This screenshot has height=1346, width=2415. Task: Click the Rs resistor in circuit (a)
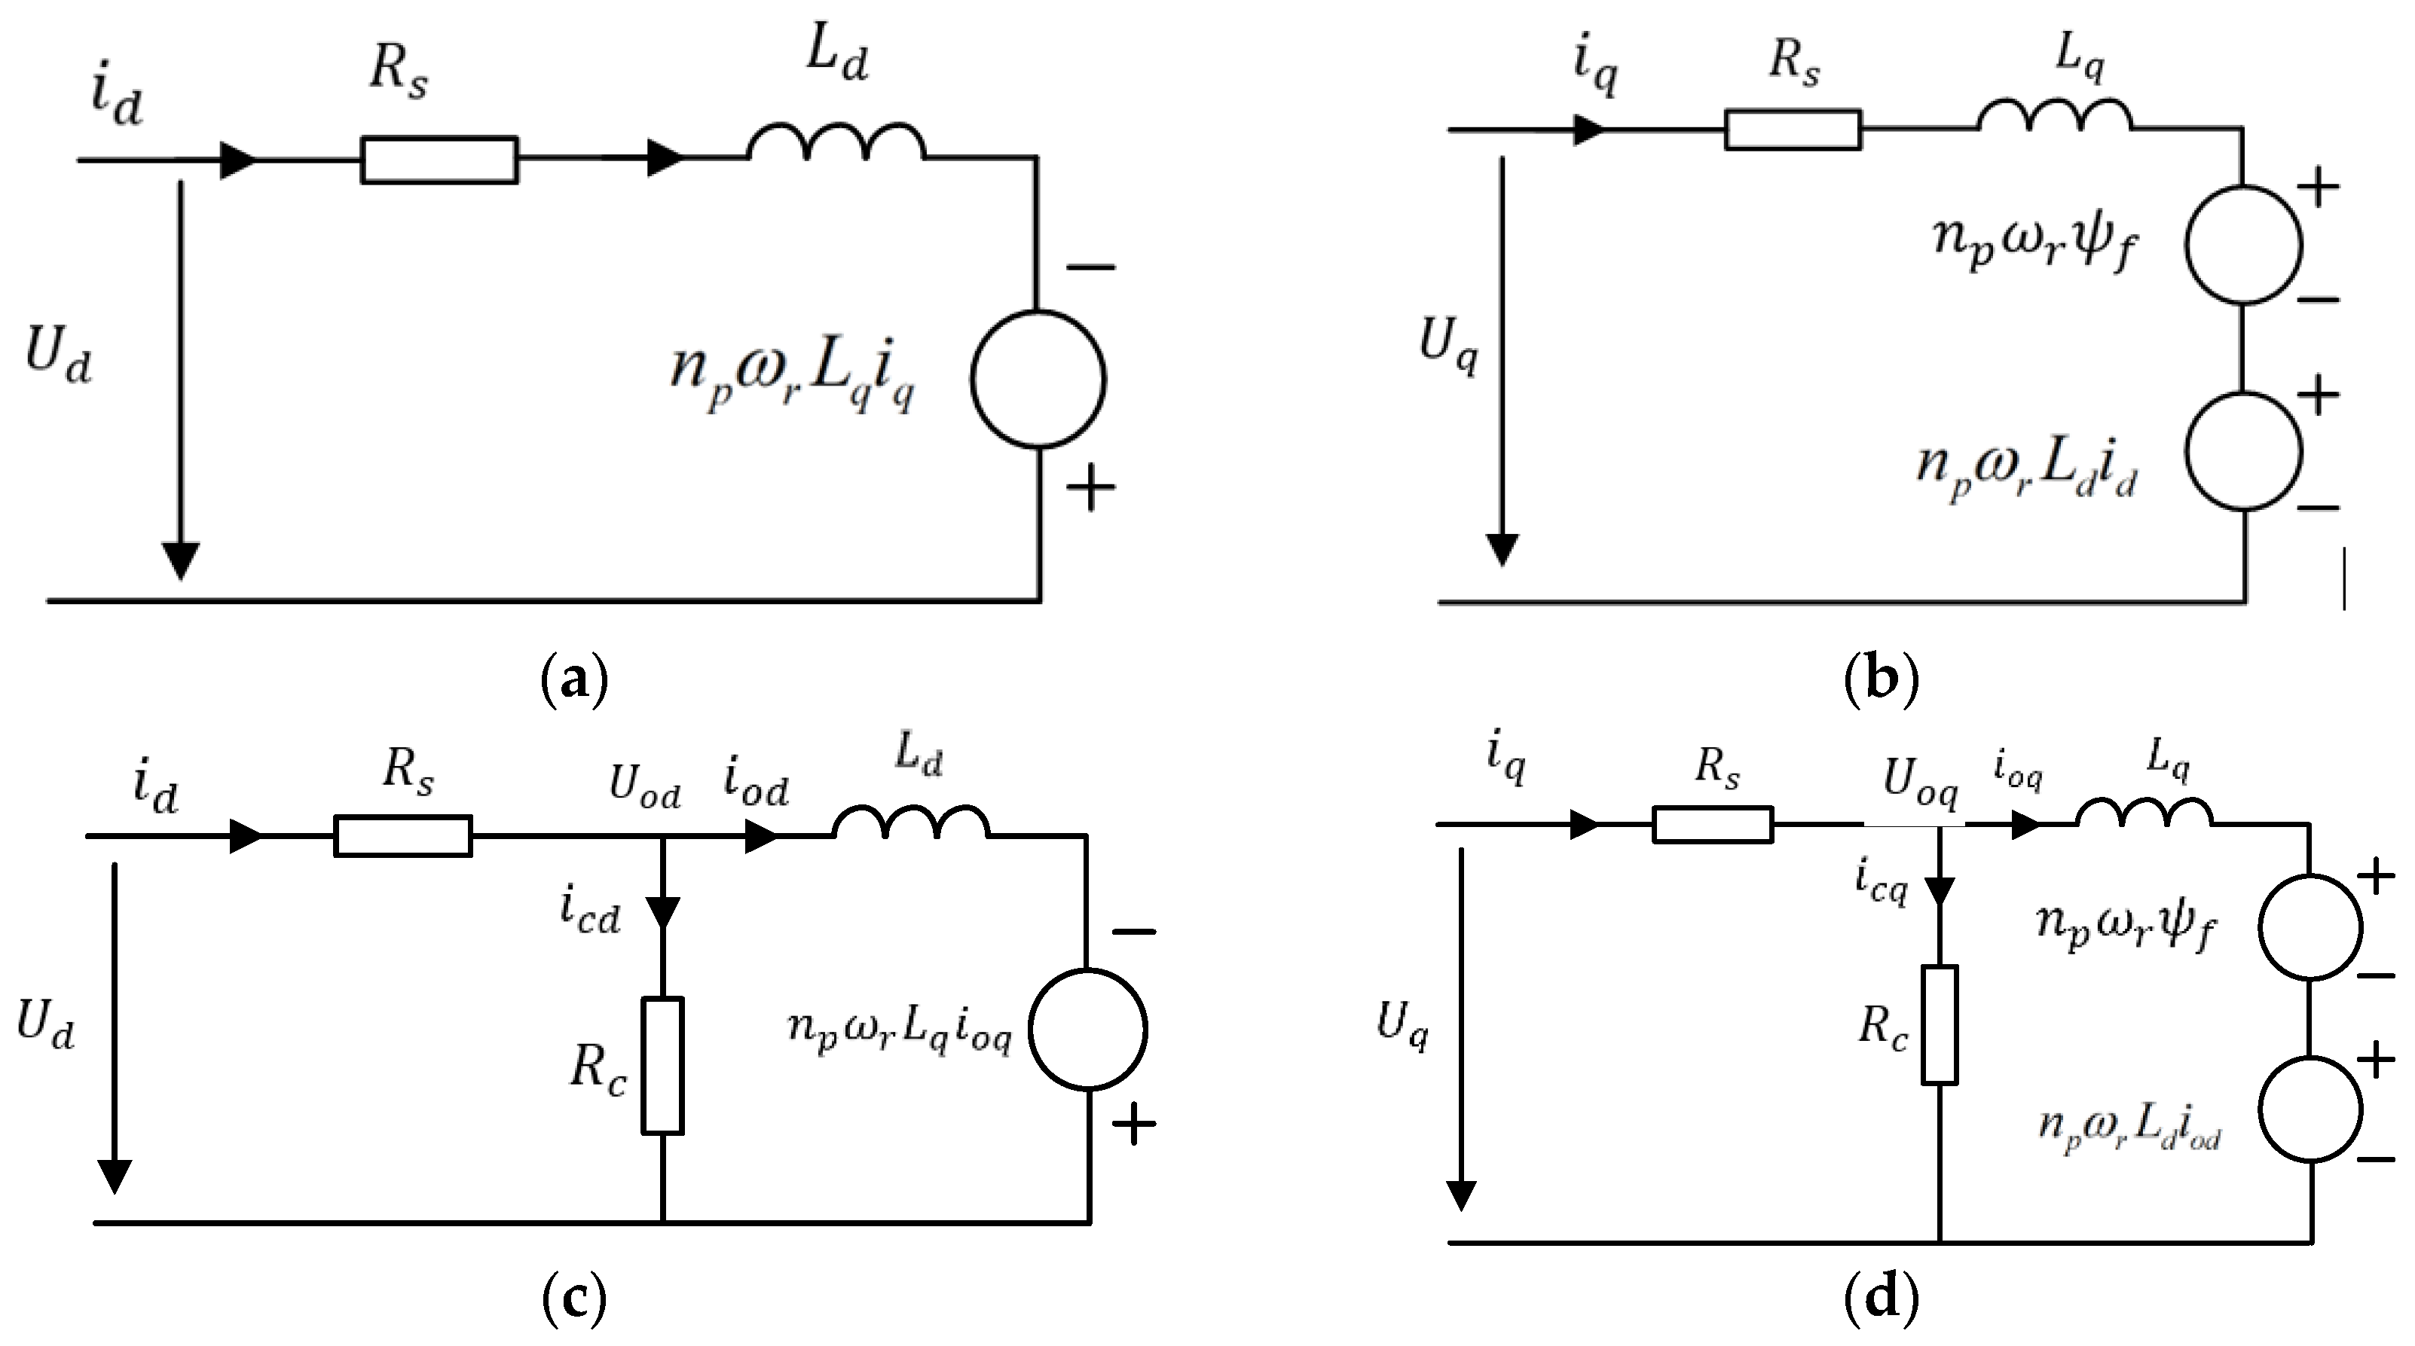pos(439,160)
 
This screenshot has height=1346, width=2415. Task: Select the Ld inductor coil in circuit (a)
pos(836,145)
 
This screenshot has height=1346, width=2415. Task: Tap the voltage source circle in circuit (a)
pos(1038,380)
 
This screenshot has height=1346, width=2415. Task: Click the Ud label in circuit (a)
pos(58,357)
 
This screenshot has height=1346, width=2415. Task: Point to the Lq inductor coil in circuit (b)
pos(2054,116)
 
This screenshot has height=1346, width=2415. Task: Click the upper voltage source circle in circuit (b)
pos(2243,245)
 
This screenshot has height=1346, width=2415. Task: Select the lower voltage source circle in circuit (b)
pos(2243,452)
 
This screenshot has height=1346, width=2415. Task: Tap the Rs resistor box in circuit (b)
pos(1793,130)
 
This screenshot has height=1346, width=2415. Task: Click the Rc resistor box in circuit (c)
pos(663,1066)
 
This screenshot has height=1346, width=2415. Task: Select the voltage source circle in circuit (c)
pos(1087,1029)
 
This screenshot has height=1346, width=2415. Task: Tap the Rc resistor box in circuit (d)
pos(1939,1024)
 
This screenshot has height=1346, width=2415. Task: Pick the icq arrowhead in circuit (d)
pos(1939,890)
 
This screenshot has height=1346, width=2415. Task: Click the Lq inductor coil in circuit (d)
pos(2144,813)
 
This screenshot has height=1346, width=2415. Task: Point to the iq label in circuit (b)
pos(1594,68)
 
